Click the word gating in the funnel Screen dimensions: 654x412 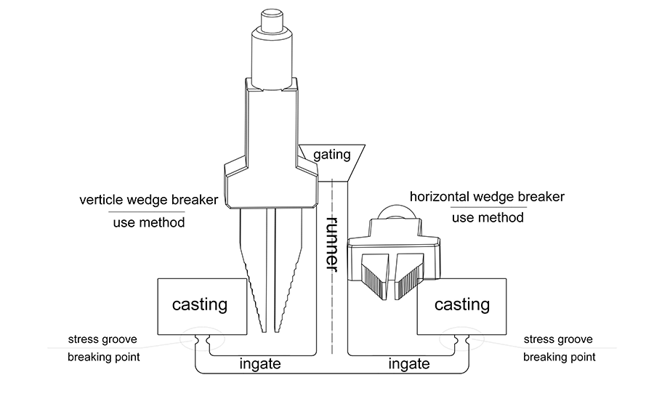click(x=331, y=155)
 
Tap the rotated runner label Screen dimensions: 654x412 click(x=332, y=244)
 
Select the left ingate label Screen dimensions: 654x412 click(x=260, y=364)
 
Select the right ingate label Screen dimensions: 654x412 click(x=408, y=364)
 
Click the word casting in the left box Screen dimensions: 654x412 click(x=200, y=305)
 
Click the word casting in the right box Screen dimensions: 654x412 click(x=462, y=305)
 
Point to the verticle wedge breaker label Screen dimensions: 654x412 click(x=148, y=200)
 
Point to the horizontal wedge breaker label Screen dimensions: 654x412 click(x=487, y=196)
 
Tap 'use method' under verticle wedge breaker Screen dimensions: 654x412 click(x=149, y=222)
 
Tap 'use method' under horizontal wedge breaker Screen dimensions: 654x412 click(x=488, y=217)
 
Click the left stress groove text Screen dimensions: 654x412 click(x=102, y=339)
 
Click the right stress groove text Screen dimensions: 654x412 click(x=558, y=339)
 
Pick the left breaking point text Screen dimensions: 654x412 click(x=104, y=358)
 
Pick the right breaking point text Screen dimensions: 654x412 click(x=560, y=358)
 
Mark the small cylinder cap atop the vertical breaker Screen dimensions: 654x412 click(x=272, y=20)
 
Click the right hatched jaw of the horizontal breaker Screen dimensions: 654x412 click(x=409, y=275)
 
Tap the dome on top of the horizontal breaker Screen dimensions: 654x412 click(x=396, y=212)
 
